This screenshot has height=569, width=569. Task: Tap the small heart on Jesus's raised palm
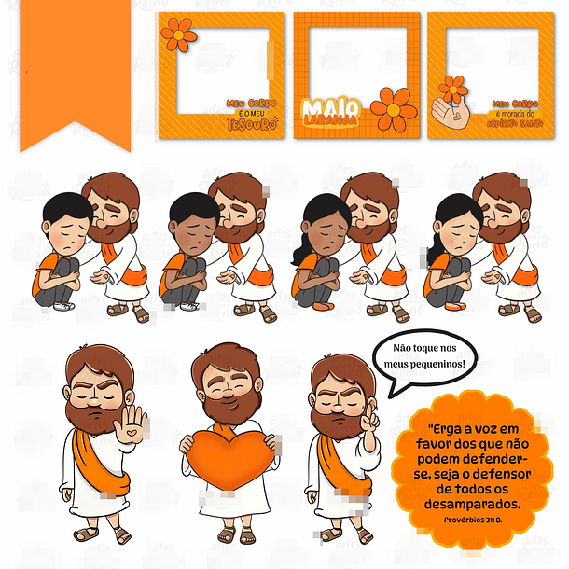point(132,431)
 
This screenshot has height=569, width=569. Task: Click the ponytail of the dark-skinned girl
point(301,253)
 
